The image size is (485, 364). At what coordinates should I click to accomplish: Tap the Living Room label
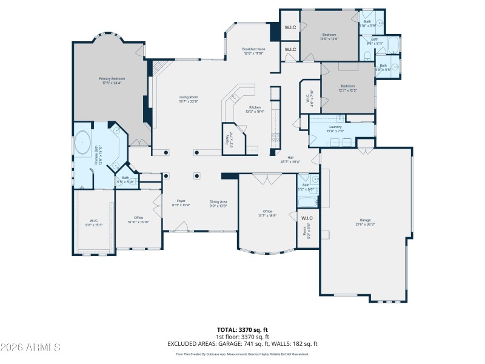tap(189, 99)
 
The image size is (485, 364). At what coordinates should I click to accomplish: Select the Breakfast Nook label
tap(253, 51)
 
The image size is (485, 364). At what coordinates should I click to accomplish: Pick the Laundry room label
tap(335, 129)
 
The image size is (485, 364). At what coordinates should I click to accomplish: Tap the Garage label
tap(365, 222)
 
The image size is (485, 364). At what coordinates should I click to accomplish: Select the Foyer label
tap(181, 203)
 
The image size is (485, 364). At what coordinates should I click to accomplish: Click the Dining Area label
tap(218, 203)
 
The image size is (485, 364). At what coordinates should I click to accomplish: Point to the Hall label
tap(290, 159)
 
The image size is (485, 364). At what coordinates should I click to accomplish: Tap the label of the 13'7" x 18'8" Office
tap(267, 213)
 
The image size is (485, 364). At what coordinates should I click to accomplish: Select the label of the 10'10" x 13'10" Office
tap(138, 220)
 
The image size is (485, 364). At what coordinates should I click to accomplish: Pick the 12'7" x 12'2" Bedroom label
tap(348, 88)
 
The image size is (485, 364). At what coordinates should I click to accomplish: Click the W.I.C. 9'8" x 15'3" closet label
tap(94, 223)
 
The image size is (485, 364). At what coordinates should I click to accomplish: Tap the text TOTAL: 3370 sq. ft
tap(242, 330)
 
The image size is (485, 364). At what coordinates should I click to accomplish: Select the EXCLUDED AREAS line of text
tap(242, 343)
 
